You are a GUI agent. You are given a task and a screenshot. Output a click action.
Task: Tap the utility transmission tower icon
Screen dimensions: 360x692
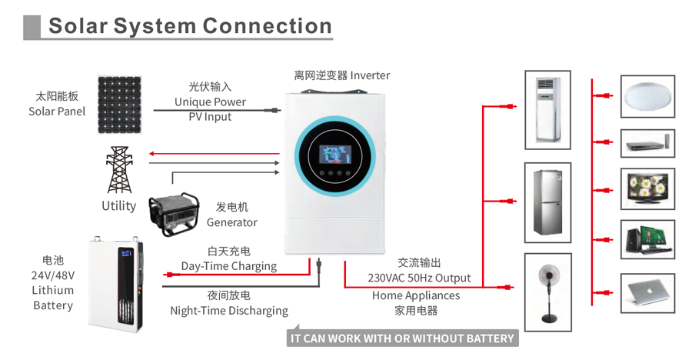coord(118,170)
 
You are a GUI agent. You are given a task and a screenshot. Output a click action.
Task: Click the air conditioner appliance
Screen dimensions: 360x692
coord(547,109)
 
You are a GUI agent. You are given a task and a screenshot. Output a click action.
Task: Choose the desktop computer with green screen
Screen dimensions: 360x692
coord(647,239)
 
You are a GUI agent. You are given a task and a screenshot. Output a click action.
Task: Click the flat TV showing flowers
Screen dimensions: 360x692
coord(647,188)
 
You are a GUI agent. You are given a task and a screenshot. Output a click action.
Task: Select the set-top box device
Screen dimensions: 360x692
coord(647,143)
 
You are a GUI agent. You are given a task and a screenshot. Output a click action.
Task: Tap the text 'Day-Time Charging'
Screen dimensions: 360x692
coord(229,266)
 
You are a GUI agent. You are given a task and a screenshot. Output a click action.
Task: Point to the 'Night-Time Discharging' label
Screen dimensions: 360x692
coord(229,311)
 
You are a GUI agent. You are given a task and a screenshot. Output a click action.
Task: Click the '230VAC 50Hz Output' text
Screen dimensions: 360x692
coord(419,278)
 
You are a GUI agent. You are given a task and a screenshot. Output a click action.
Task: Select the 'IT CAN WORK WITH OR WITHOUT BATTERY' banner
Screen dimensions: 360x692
coord(401,338)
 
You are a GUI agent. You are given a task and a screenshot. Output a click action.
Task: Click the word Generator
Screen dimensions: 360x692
coord(232,222)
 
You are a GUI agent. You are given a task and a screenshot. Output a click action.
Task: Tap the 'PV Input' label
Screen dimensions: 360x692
coord(210,117)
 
